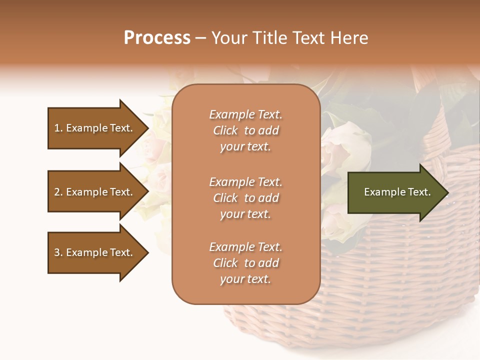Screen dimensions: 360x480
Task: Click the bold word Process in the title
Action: click(x=157, y=38)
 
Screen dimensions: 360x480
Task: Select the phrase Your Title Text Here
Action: click(x=290, y=38)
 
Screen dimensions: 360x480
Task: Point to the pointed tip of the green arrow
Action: click(x=446, y=192)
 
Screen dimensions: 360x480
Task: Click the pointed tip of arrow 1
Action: click(x=147, y=128)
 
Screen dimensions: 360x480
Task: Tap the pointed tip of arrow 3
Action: click(x=147, y=252)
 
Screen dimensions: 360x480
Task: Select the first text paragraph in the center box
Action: click(x=245, y=130)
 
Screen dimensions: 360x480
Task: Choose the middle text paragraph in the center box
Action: click(x=245, y=198)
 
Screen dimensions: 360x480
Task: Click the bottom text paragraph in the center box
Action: click(x=245, y=263)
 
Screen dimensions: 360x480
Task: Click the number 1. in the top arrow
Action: click(x=58, y=128)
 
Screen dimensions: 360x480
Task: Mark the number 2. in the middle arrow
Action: click(x=58, y=192)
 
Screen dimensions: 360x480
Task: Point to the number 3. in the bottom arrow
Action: click(x=58, y=252)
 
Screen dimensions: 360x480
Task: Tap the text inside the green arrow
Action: click(x=397, y=192)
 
